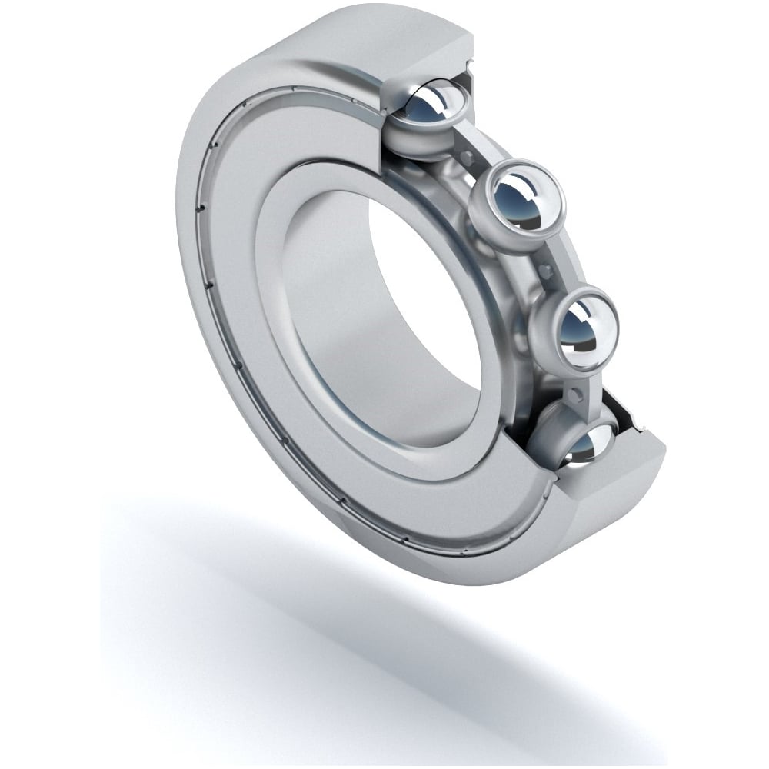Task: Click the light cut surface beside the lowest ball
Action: point(615,492)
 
